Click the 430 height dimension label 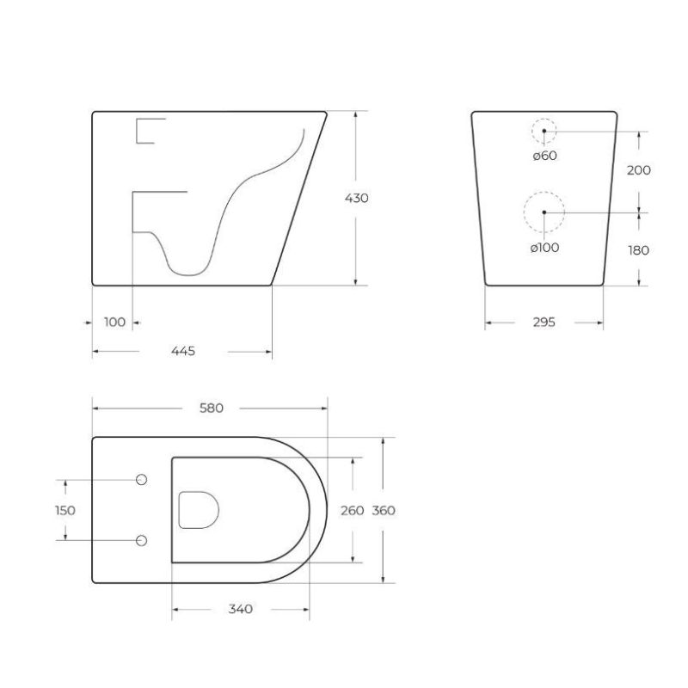[356, 199]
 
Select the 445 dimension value [183, 351]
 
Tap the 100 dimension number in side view [114, 322]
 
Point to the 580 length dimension [212, 408]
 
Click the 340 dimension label [241, 609]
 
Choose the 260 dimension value [353, 510]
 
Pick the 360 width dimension [384, 510]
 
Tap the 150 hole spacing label [65, 510]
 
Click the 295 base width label [544, 322]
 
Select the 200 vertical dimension [638, 170]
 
